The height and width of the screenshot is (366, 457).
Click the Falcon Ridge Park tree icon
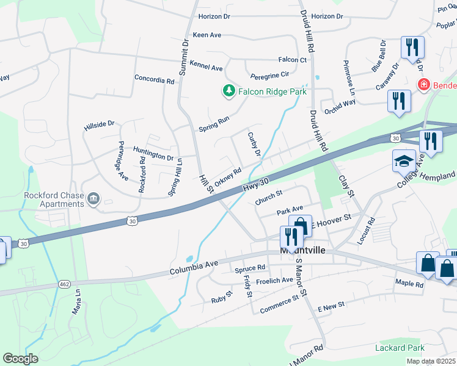tap(229, 91)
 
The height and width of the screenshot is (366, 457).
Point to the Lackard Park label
tap(400, 348)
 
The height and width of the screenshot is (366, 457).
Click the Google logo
tap(20, 359)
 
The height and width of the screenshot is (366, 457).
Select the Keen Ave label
tap(207, 35)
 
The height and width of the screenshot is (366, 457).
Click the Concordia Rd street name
tap(154, 79)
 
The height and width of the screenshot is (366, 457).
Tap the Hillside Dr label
tap(99, 124)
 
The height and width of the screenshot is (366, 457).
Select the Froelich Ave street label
tap(274, 281)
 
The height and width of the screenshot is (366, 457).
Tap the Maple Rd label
tap(409, 284)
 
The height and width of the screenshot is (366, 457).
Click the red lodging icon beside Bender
tap(422, 85)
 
